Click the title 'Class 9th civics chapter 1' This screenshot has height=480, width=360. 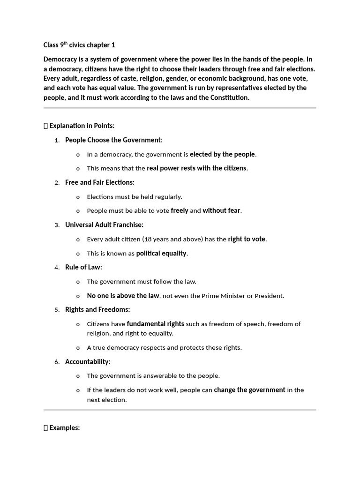click(79, 45)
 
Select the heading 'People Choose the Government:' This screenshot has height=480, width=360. click(114, 140)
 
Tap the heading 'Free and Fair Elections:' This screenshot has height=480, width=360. click(99, 182)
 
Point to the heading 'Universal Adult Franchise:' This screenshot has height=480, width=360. click(104, 225)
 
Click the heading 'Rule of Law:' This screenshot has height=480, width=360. click(83, 267)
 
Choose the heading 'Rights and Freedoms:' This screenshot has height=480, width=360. click(97, 309)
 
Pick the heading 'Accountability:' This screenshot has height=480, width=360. click(88, 362)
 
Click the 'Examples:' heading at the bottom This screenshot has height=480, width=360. click(64, 428)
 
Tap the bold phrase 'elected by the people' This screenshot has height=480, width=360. click(222, 154)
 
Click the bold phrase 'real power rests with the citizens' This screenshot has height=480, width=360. click(196, 168)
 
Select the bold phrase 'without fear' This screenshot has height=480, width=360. click(221, 211)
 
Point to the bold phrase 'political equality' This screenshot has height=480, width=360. click(161, 254)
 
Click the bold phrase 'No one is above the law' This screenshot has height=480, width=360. click(123, 296)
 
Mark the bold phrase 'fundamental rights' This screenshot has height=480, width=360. click(156, 324)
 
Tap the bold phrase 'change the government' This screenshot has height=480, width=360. click(249, 390)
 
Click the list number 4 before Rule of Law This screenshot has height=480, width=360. click(56, 268)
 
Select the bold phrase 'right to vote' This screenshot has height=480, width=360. click(247, 239)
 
